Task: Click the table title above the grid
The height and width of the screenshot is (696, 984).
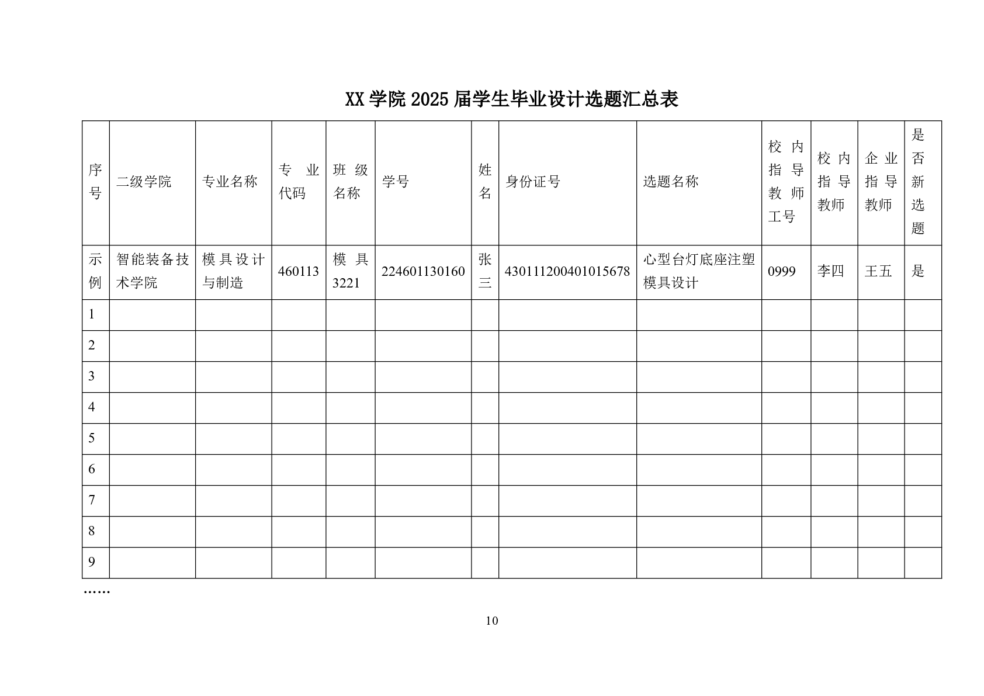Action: pyautogui.click(x=511, y=100)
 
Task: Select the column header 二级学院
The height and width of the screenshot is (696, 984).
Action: pyautogui.click(x=144, y=182)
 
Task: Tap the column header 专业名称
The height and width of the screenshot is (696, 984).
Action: pyautogui.click(x=230, y=182)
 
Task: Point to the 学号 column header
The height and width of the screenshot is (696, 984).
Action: pyautogui.click(x=396, y=182)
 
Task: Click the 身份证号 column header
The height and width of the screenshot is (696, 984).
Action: pyautogui.click(x=533, y=182)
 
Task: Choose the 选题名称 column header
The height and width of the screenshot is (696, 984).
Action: pyautogui.click(x=671, y=182)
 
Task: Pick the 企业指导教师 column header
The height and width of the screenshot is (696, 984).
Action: pyautogui.click(x=881, y=182)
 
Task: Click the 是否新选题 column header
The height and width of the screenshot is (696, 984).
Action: pyautogui.click(x=918, y=182)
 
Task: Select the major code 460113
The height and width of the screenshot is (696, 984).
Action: pyautogui.click(x=299, y=272)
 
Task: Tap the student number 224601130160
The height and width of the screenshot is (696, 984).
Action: pyautogui.click(x=423, y=272)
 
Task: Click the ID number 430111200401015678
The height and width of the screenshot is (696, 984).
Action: pyautogui.click(x=567, y=272)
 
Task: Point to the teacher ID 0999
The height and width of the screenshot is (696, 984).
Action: pyautogui.click(x=782, y=272)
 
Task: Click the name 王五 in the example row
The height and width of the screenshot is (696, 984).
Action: pyautogui.click(x=878, y=271)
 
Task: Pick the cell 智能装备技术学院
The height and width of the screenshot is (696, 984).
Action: pyautogui.click(x=153, y=271)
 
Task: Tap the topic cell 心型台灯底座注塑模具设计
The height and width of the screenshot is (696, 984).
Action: pyautogui.click(x=699, y=271)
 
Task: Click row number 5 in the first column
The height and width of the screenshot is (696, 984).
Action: pyautogui.click(x=92, y=438)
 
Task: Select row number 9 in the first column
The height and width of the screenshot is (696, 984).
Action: pyautogui.click(x=92, y=562)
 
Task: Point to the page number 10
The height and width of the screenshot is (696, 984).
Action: pyautogui.click(x=492, y=621)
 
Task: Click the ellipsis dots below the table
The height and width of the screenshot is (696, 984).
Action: pyautogui.click(x=97, y=592)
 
